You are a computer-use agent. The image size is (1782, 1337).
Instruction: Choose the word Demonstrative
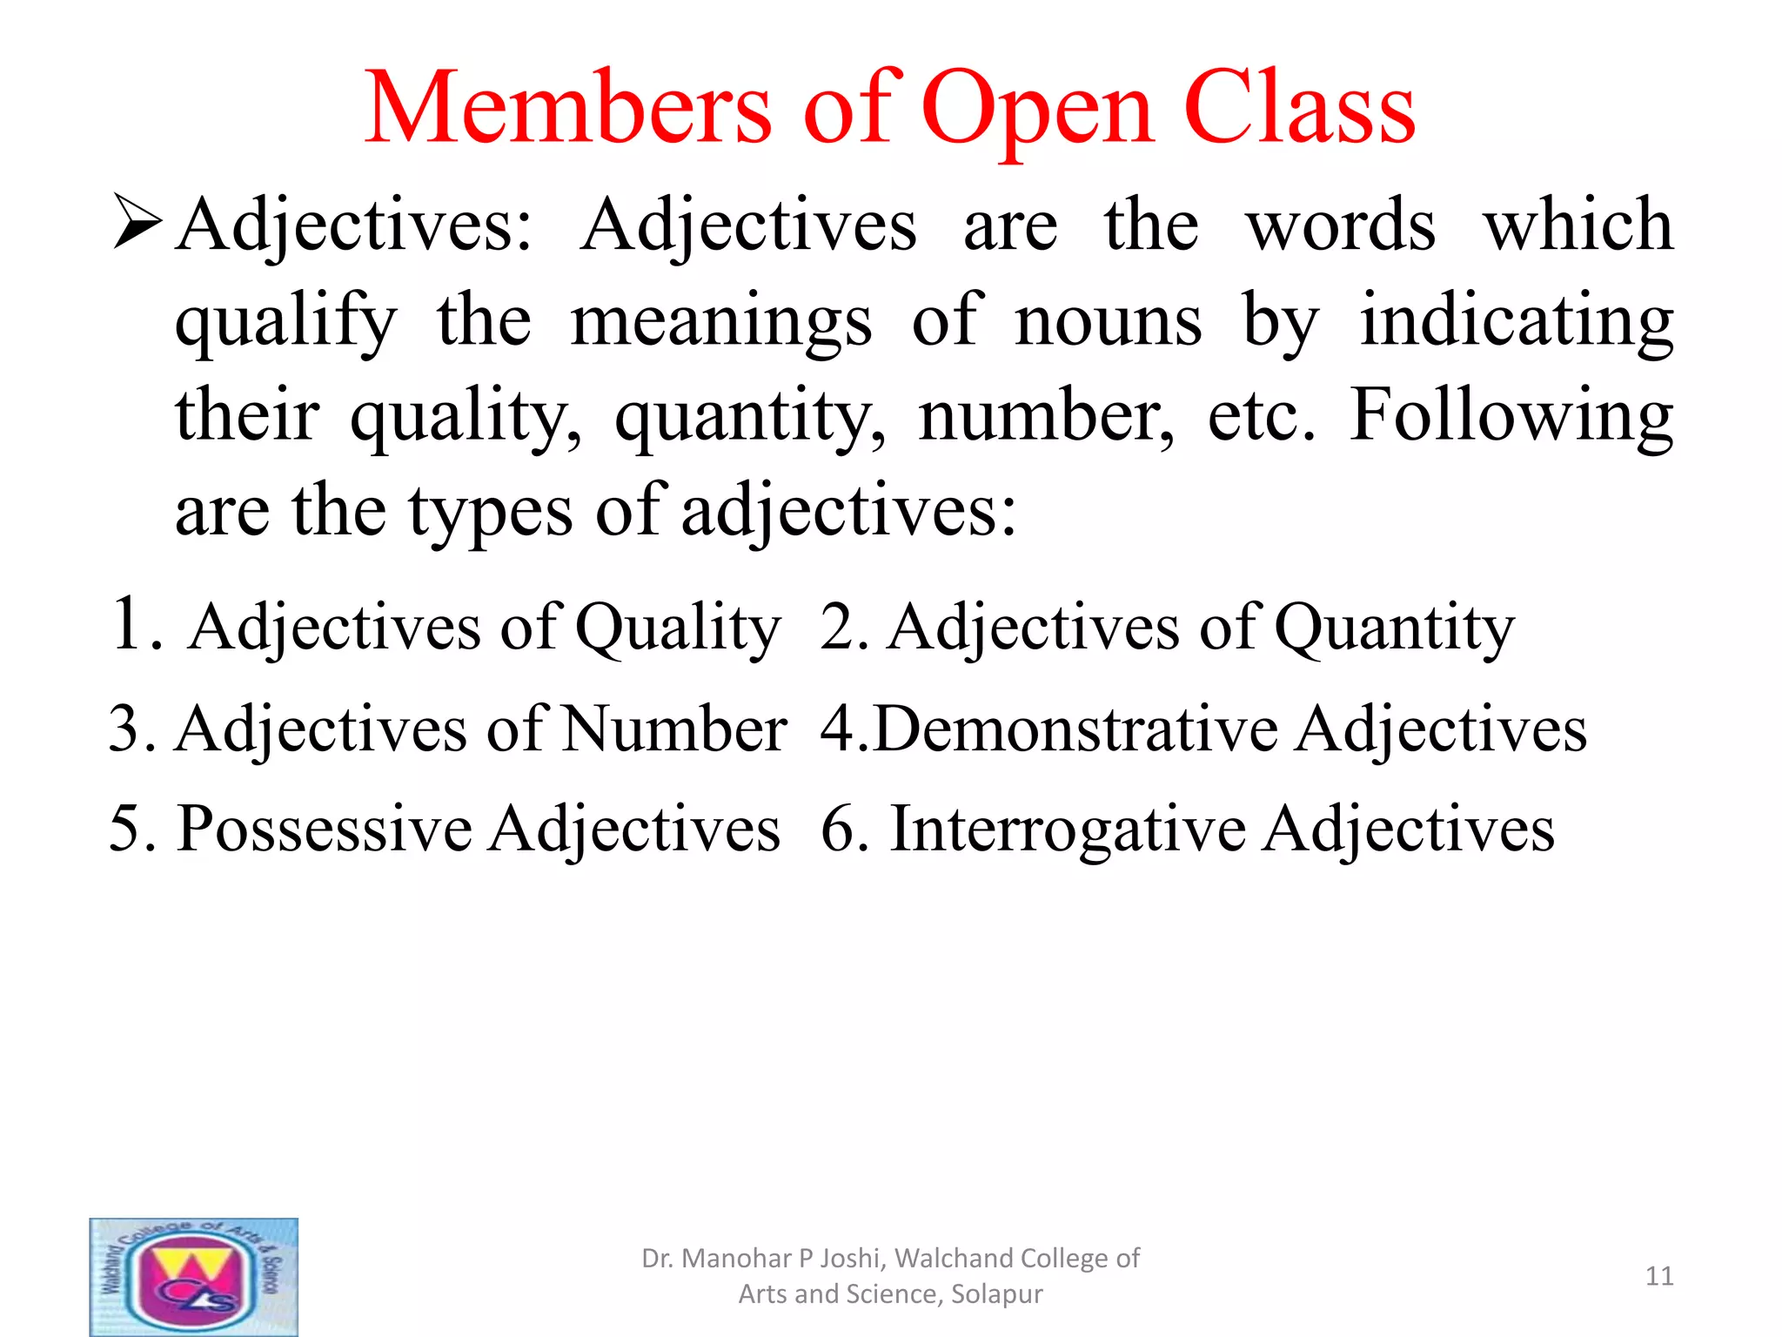pos(1075,729)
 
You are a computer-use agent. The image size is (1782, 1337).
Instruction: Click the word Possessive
pos(324,829)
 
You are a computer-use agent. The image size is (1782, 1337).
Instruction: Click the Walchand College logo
pos(194,1276)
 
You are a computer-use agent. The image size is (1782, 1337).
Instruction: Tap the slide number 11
pos(1659,1276)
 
